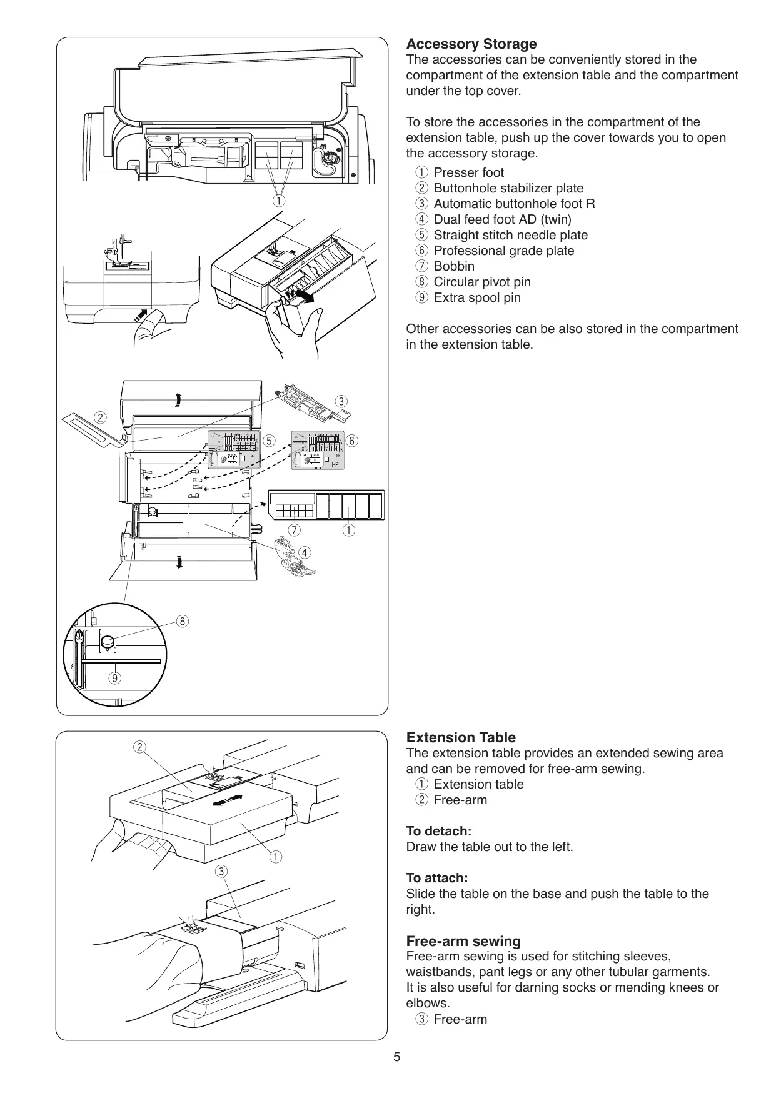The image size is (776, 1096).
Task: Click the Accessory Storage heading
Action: click(x=471, y=44)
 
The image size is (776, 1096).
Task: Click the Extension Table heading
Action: click(x=461, y=737)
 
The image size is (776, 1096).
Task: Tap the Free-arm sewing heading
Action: click(x=463, y=941)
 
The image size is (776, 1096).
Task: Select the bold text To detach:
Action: click(x=438, y=831)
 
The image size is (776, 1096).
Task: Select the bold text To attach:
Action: click(x=436, y=878)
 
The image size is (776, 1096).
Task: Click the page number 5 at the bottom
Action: click(x=396, y=1057)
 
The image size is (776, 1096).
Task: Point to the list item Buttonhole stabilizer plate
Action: click(x=508, y=188)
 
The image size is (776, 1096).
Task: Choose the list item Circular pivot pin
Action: click(x=482, y=282)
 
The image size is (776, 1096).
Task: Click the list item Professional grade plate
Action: click(x=503, y=251)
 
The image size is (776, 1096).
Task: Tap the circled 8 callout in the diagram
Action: click(x=182, y=621)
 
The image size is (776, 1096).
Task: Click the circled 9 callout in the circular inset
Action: click(x=114, y=677)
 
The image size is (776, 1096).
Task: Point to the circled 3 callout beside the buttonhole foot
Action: click(x=341, y=401)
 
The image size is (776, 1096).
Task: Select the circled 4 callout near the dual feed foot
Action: click(x=304, y=552)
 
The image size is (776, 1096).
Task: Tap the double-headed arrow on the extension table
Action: click(x=227, y=800)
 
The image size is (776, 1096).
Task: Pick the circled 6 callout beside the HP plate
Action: click(x=352, y=441)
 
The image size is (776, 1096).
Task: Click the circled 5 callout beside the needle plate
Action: click(x=269, y=441)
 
